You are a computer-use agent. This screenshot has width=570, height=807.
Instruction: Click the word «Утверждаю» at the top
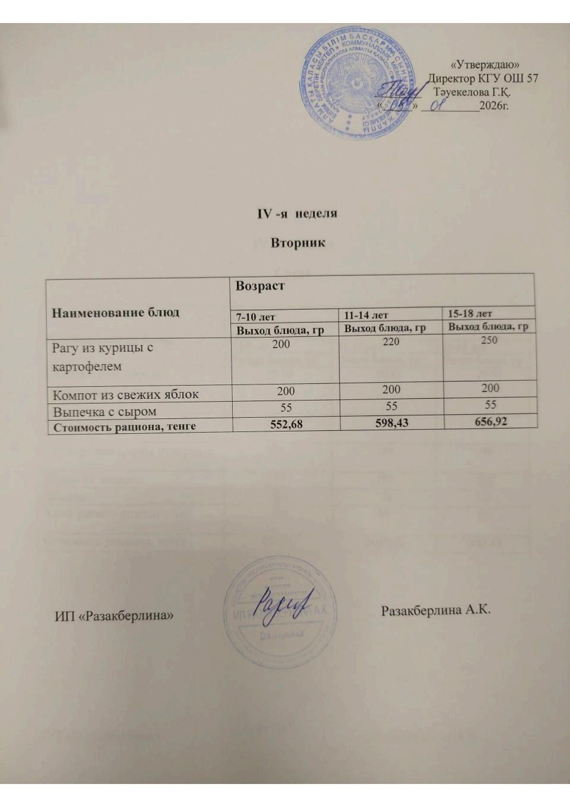(x=486, y=64)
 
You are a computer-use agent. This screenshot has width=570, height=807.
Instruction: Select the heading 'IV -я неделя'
(x=297, y=214)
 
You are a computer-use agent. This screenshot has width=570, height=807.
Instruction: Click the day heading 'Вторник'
(x=297, y=242)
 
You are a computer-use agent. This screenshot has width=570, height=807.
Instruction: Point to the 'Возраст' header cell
(x=260, y=286)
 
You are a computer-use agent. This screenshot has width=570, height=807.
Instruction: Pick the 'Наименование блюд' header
(x=115, y=313)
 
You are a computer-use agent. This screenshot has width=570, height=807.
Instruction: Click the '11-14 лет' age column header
(x=366, y=315)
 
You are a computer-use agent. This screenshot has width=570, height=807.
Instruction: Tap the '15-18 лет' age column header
(x=469, y=313)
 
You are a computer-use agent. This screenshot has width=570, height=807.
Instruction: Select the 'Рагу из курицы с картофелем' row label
(x=103, y=357)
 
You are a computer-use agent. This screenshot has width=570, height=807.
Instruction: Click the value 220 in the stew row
(x=391, y=342)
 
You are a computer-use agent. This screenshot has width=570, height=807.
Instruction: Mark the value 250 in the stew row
(x=489, y=340)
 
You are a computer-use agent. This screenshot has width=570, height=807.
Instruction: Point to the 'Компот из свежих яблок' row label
(x=125, y=395)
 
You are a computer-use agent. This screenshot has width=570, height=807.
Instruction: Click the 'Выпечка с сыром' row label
(x=104, y=412)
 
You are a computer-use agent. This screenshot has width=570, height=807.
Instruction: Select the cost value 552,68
(x=286, y=424)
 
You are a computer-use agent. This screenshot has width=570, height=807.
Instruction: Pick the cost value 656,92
(x=490, y=421)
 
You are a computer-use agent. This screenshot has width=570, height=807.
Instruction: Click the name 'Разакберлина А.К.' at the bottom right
(x=436, y=611)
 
